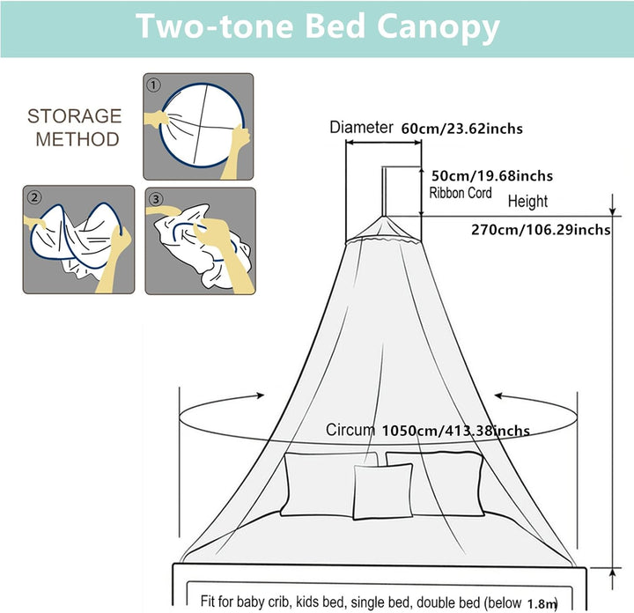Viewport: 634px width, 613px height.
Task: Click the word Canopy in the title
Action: click(439, 26)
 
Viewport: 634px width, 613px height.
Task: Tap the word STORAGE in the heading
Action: click(74, 116)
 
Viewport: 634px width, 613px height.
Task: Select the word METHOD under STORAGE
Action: click(77, 139)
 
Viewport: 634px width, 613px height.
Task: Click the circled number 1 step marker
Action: click(153, 85)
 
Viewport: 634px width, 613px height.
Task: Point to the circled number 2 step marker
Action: click(34, 197)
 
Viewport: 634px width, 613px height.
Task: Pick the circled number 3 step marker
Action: click(156, 198)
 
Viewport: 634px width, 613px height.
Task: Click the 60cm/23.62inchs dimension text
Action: click(461, 129)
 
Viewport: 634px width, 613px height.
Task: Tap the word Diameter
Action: click(361, 127)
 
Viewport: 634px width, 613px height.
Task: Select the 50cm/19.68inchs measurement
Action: click(492, 176)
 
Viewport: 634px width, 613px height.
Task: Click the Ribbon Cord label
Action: click(461, 193)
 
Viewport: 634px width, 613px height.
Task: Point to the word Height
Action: click(527, 202)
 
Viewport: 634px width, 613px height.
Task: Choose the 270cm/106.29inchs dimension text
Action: click(541, 230)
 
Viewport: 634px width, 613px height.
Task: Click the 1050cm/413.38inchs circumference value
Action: click(456, 431)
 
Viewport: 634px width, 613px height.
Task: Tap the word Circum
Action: click(350, 430)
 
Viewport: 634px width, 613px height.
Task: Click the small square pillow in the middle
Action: click(383, 491)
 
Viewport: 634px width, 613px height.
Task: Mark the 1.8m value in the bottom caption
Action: click(542, 603)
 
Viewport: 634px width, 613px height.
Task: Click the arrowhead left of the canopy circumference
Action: click(261, 395)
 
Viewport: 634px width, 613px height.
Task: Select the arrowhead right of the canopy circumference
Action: click(498, 395)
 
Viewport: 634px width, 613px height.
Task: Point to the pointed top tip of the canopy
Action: click(383, 217)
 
